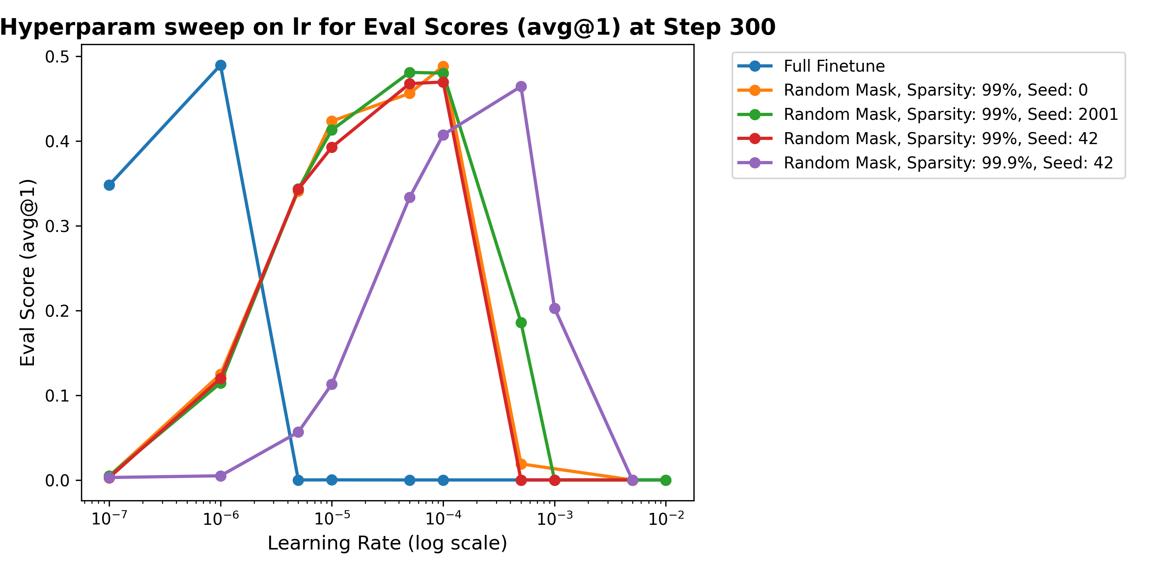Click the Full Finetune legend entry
[833, 66]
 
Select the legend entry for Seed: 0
[935, 90]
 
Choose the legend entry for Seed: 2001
[950, 114]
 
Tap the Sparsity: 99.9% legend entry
[948, 163]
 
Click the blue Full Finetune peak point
[221, 66]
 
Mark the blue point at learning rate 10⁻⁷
[109, 185]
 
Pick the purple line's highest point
[521, 87]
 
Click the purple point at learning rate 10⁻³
[555, 308]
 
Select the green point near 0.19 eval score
[521, 323]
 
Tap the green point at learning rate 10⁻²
[666, 480]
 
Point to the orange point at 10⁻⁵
[332, 121]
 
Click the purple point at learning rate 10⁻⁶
[221, 476]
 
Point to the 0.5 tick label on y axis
[57, 57]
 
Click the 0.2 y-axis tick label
[57, 311]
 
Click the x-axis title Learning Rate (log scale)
[387, 543]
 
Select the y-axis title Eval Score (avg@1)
[28, 272]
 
